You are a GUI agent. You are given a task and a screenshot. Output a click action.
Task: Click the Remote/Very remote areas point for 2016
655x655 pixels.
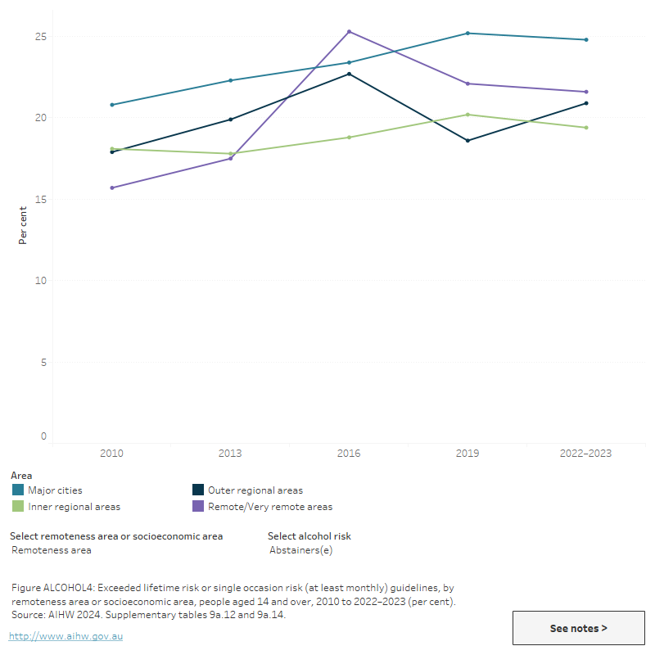[x=349, y=31]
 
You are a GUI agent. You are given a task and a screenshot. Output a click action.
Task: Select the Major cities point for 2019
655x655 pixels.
[x=468, y=33]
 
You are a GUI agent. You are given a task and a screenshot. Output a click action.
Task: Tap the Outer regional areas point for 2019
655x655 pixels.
[x=468, y=141]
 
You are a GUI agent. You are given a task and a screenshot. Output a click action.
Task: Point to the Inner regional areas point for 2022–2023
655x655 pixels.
[x=586, y=128]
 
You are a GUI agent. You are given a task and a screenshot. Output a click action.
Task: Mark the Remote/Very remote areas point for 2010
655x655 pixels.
[x=111, y=187]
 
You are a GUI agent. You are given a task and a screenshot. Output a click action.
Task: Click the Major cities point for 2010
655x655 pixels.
[x=111, y=105]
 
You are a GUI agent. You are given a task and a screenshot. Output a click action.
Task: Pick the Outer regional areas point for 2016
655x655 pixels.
[x=349, y=74]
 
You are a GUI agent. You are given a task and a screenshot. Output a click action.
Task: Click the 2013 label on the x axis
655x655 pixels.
[x=230, y=453]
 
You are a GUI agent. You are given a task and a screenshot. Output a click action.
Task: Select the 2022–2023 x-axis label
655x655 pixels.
[x=586, y=453]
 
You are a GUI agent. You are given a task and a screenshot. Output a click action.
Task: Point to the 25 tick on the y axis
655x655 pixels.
[x=40, y=37]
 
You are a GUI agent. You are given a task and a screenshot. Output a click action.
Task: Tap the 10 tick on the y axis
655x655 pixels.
[x=40, y=281]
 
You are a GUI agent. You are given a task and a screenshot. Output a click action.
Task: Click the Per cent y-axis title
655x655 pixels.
[x=23, y=225]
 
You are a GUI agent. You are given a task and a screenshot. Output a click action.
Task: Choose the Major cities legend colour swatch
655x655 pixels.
[x=18, y=490]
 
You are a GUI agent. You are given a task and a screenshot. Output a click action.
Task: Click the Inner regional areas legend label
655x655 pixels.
[x=74, y=507]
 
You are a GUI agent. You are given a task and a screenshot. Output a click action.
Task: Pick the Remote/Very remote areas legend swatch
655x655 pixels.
[x=198, y=507]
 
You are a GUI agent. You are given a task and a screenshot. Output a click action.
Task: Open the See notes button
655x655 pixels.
[x=578, y=628]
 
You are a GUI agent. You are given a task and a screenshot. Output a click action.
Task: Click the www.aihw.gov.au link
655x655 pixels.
[x=65, y=636]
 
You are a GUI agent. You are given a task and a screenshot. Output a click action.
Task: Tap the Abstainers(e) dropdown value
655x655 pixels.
[x=300, y=550]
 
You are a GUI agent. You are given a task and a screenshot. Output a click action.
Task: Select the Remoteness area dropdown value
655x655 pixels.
[x=52, y=550]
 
